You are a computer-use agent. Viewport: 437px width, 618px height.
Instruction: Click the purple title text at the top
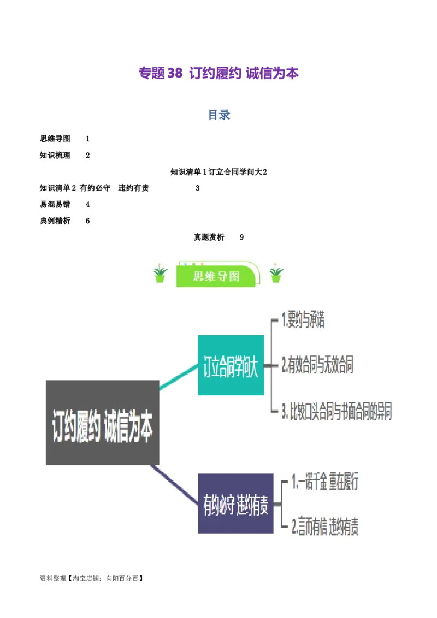[218, 73]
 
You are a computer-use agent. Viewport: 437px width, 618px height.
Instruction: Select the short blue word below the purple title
[218, 115]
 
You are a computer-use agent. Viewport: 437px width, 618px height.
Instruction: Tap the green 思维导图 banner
[217, 276]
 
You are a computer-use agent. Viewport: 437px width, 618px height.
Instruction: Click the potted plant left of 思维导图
[160, 274]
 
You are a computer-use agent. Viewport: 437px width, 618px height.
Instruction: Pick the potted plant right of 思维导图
[276, 274]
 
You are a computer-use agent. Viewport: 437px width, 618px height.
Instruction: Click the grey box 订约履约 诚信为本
[102, 423]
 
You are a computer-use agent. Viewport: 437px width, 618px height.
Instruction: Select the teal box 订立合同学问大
[231, 365]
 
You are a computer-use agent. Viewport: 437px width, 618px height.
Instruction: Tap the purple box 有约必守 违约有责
[235, 503]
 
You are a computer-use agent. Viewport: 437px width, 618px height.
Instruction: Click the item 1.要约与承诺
[303, 320]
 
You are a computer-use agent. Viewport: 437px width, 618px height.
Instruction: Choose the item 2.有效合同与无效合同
[317, 365]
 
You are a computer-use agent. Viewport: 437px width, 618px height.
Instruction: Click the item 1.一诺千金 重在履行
[324, 482]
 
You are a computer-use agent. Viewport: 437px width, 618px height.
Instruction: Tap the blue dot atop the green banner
[187, 264]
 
